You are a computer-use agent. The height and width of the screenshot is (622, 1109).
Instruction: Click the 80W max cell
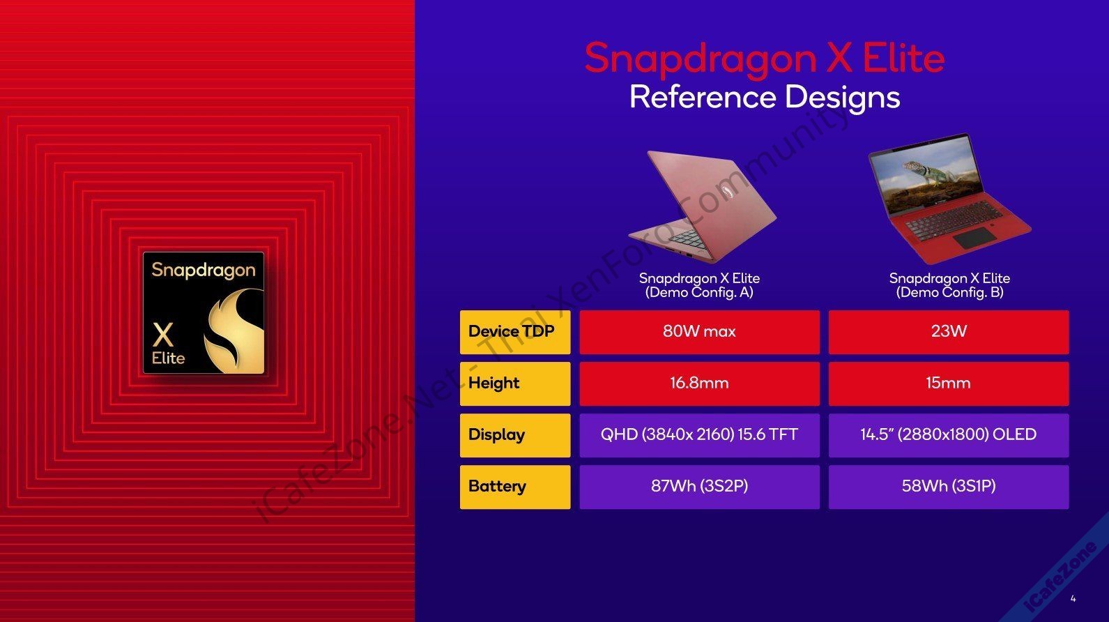(700, 332)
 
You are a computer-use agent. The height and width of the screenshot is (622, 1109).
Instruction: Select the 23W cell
(949, 332)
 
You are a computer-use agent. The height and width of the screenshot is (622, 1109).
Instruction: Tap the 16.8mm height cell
(700, 384)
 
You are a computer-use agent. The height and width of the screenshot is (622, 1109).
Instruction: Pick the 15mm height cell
(949, 384)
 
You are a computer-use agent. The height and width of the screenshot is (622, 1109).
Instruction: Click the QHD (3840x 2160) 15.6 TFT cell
(700, 435)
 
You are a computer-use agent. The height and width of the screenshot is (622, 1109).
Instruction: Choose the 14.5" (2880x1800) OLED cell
(949, 435)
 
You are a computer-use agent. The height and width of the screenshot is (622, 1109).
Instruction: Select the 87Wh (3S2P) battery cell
(700, 487)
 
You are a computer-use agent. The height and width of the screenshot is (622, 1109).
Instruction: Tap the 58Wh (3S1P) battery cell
(949, 487)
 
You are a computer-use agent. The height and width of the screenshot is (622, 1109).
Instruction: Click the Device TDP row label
(515, 332)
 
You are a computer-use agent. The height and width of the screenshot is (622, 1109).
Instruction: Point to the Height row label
(515, 384)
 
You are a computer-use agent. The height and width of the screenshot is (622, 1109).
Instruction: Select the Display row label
(515, 435)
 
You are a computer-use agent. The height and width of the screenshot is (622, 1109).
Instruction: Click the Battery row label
(515, 487)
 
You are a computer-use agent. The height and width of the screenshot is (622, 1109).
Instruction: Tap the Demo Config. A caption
(699, 285)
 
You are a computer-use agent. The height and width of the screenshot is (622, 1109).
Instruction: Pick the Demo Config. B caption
(949, 285)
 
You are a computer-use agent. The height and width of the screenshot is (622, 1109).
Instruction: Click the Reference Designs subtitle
(765, 98)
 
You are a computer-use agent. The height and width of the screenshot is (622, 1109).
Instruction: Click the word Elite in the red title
(903, 59)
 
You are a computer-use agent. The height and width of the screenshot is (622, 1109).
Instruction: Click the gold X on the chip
(163, 335)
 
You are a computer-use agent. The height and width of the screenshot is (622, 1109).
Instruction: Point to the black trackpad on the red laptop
(974, 238)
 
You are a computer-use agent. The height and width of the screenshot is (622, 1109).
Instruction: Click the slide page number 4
(1073, 599)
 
